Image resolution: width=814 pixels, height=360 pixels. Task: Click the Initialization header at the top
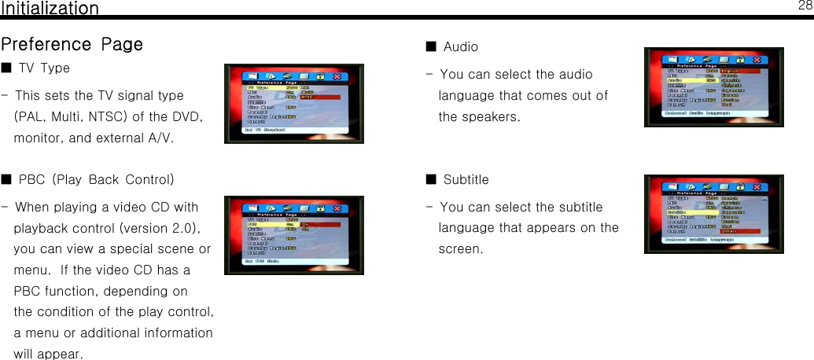tap(50, 9)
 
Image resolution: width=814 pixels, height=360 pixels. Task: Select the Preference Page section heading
tap(72, 44)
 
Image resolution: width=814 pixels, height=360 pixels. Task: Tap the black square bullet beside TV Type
tap(6, 68)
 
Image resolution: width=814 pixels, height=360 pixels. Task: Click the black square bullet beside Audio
tap(430, 46)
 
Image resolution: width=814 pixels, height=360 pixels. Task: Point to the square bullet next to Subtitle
tap(430, 179)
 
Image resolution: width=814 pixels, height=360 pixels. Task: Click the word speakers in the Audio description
tap(492, 116)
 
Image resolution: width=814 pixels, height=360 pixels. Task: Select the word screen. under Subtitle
tap(461, 248)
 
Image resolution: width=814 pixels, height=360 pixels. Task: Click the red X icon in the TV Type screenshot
tap(337, 76)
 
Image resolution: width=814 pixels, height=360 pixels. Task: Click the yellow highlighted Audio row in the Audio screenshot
tap(692, 80)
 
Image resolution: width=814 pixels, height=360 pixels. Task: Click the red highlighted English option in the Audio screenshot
tap(739, 70)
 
